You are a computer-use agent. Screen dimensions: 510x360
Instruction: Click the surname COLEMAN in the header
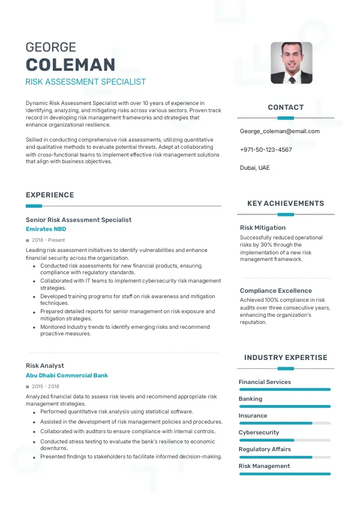(70, 64)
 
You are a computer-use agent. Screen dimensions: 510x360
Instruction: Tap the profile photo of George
(292, 62)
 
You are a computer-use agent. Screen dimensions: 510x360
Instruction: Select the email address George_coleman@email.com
(280, 131)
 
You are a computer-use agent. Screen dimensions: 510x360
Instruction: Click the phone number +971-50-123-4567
(266, 149)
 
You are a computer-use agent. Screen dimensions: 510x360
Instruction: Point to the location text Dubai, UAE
(255, 168)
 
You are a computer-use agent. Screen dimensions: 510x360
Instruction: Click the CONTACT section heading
(286, 107)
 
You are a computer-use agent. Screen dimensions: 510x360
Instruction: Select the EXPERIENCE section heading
(50, 195)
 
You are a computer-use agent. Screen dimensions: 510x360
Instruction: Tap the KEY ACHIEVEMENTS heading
(286, 203)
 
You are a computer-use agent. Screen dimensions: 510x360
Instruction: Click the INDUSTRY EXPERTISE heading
(286, 358)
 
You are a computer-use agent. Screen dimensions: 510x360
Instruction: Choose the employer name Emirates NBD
(46, 229)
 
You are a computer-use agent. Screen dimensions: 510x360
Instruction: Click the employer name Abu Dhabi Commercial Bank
(67, 376)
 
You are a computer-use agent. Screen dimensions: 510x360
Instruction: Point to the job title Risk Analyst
(45, 365)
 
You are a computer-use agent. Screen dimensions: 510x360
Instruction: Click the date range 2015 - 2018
(46, 386)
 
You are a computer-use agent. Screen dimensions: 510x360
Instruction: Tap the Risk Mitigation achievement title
(263, 228)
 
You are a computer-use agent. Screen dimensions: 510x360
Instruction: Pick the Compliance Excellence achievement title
(276, 291)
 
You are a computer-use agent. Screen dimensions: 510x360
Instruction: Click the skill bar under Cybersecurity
(285, 440)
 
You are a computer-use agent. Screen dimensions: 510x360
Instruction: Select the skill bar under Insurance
(285, 423)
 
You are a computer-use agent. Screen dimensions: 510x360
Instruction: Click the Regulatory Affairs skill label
(265, 449)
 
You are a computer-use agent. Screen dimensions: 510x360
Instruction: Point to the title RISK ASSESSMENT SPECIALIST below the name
(86, 82)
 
